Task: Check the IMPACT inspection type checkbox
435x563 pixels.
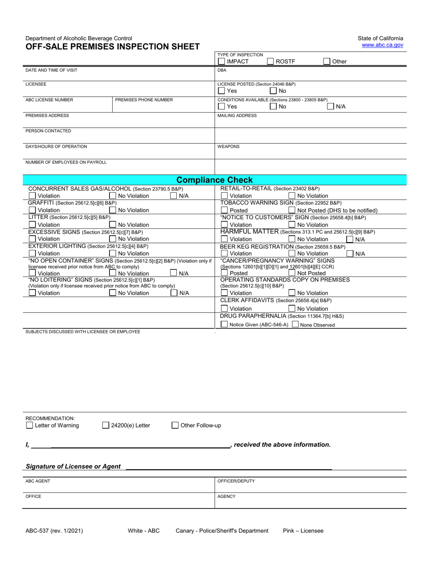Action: (x=222, y=61)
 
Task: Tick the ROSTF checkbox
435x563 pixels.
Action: (x=271, y=61)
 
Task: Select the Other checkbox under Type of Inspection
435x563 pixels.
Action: (x=327, y=61)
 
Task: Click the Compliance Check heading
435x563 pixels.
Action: (x=214, y=180)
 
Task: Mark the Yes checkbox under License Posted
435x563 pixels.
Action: (x=222, y=91)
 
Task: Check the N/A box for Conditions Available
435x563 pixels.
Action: (x=331, y=107)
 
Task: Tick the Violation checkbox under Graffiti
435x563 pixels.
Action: (x=32, y=210)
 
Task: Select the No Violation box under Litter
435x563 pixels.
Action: (x=113, y=225)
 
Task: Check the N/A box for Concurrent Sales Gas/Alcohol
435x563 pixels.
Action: (x=174, y=196)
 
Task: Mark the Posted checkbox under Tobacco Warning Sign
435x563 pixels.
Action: (x=224, y=211)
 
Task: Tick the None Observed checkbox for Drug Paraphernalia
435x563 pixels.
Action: (x=295, y=325)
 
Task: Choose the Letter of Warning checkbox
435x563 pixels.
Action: (x=30, y=425)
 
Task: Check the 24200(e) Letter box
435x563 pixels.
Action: (x=106, y=425)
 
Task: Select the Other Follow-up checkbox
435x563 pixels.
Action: (x=175, y=425)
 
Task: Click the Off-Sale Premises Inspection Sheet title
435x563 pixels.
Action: (x=112, y=46)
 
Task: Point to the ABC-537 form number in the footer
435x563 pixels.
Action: (x=54, y=531)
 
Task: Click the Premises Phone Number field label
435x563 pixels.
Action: (x=144, y=100)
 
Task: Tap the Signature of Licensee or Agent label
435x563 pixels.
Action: (x=73, y=466)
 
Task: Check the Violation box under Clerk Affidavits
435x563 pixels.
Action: (x=224, y=309)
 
